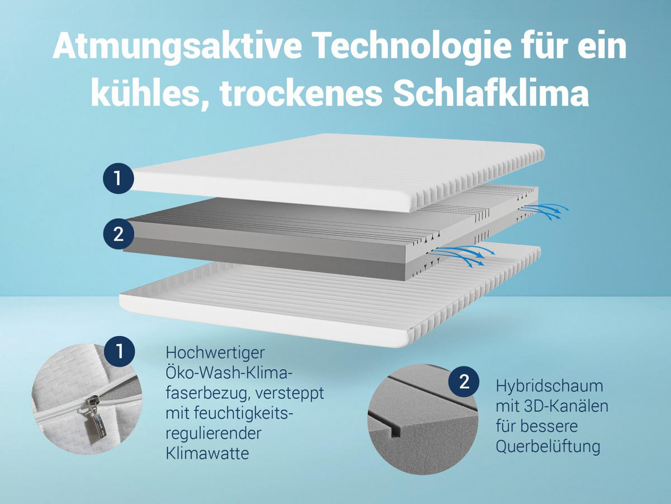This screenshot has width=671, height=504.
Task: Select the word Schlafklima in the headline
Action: click(x=490, y=94)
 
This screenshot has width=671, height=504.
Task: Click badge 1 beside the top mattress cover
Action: click(x=117, y=179)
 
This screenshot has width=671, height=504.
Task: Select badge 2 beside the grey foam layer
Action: click(x=118, y=234)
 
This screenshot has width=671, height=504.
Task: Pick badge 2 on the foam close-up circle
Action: click(x=464, y=383)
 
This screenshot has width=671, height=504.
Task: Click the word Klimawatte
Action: click(x=207, y=453)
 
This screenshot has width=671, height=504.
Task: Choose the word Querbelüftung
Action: click(x=548, y=446)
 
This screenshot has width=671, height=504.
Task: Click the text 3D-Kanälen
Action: click(x=571, y=406)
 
